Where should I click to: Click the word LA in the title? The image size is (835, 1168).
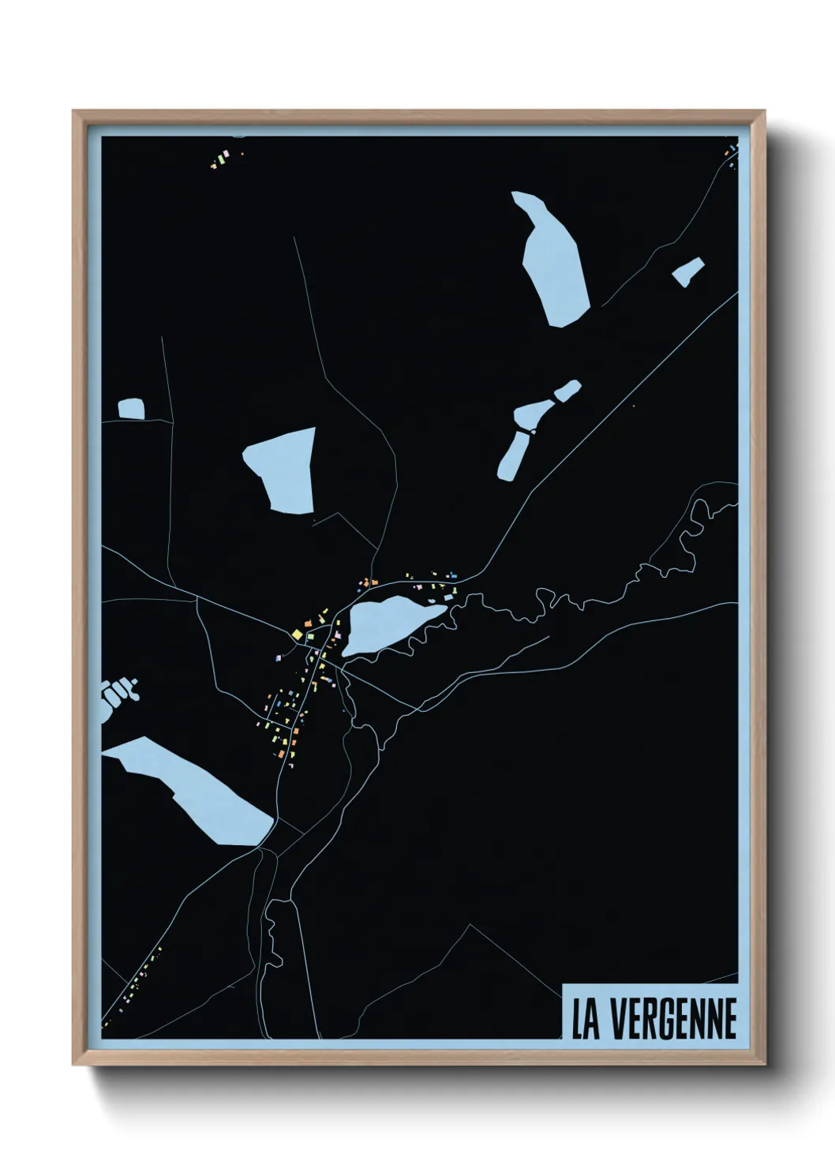pos(586,1019)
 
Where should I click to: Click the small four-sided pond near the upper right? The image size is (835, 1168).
pos(688,271)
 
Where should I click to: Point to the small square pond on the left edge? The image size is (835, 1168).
pos(131,409)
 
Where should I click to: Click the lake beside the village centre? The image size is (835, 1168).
pos(388,623)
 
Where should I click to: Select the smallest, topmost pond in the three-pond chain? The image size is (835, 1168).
pos(567,390)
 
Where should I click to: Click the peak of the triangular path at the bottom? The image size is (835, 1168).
pos(471,925)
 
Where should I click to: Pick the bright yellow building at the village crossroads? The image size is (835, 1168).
pos(297,634)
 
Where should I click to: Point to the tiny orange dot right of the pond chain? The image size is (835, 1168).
pos(634,406)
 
